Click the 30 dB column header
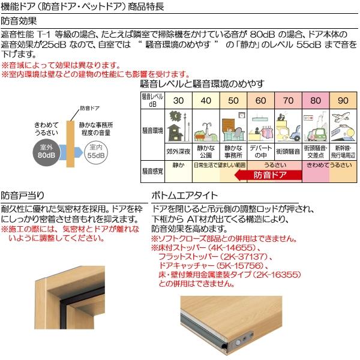tap(178, 100)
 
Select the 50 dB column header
tap(233, 100)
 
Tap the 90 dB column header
tap(343, 100)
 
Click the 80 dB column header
tap(316, 100)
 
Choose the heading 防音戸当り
tap(23, 195)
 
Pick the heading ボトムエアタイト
tap(185, 195)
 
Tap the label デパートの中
tap(260, 151)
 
